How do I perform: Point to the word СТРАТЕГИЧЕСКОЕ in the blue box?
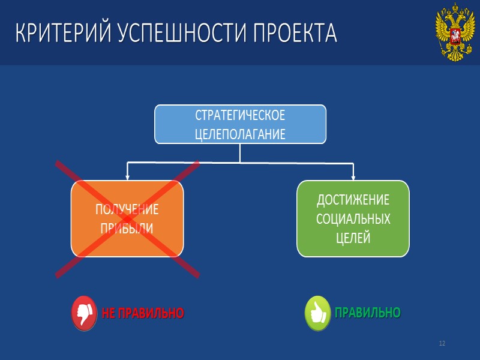click(240, 115)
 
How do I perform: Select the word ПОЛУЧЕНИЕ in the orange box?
click(127, 209)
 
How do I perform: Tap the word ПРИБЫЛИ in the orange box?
click(127, 229)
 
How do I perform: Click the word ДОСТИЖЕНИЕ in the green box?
click(353, 200)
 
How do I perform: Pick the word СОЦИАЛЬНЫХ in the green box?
click(353, 218)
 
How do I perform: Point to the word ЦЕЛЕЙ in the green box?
click(353, 238)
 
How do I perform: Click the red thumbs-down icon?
click(85, 313)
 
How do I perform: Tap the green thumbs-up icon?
click(318, 313)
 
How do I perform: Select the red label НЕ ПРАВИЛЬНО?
click(143, 313)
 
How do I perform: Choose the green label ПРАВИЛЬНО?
click(367, 313)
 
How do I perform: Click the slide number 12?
click(442, 343)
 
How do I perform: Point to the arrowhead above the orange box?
click(127, 176)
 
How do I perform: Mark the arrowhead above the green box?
click(353, 176)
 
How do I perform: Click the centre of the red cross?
click(127, 219)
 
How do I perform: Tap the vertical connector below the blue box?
click(240, 153)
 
